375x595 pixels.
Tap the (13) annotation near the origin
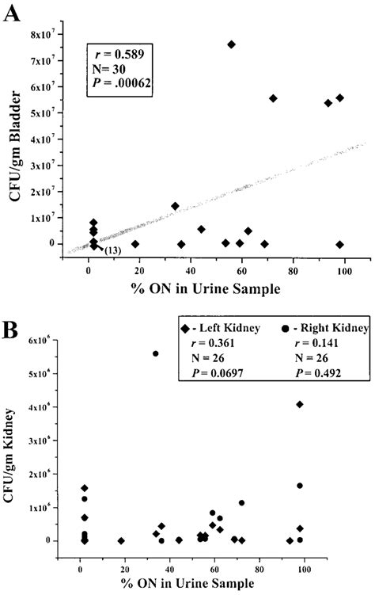click(x=112, y=250)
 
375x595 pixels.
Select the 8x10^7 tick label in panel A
click(x=58, y=34)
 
